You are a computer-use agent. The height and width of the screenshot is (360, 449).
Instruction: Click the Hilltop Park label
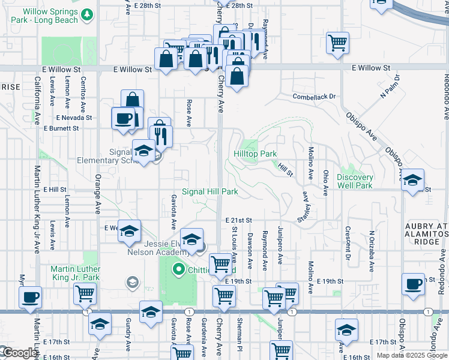tap(255, 154)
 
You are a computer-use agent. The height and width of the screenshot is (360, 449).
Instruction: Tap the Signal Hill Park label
tap(210, 192)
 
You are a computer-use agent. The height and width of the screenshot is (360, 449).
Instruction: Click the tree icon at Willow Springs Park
tap(88, 14)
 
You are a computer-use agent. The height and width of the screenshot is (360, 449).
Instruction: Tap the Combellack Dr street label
tap(313, 97)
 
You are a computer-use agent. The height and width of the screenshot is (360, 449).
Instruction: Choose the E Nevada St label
tap(74, 118)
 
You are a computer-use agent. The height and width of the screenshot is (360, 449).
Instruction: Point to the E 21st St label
tap(239, 221)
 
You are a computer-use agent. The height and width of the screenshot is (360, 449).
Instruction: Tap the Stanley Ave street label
tap(306, 207)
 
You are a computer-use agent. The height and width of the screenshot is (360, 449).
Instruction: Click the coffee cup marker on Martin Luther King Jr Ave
tap(30, 296)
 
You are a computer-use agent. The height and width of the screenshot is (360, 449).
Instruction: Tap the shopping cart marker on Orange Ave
tap(85, 294)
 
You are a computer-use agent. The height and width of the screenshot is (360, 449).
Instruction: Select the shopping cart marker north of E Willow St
tap(338, 42)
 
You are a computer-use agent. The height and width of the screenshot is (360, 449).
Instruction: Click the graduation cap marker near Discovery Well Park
tap(412, 180)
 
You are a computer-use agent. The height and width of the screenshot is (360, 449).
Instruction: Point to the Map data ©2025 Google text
tap(411, 355)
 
